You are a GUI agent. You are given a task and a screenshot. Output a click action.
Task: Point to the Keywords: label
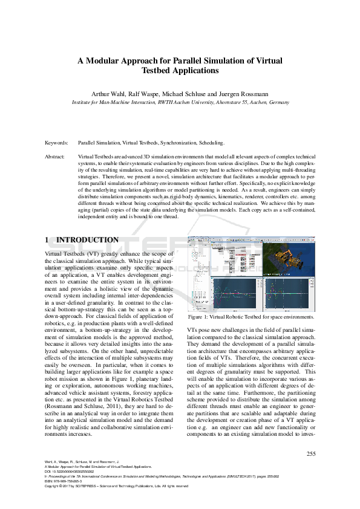(x=57, y=143)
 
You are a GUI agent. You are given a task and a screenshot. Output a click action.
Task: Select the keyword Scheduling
(x=210, y=143)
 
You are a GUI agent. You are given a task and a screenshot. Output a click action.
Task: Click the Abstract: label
(x=56, y=157)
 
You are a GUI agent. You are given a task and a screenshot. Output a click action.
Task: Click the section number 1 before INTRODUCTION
(x=48, y=240)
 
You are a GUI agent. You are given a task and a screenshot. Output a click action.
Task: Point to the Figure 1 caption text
(x=251, y=316)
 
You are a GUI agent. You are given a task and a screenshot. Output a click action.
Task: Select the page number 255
(x=311, y=453)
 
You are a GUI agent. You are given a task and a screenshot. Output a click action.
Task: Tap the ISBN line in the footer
(x=67, y=481)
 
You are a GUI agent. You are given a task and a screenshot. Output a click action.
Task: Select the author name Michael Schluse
(x=180, y=94)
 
